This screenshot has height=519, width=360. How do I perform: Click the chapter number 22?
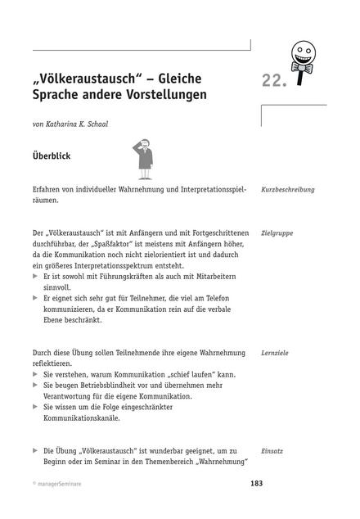pos(275,79)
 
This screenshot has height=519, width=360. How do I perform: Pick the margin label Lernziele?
pos(274,353)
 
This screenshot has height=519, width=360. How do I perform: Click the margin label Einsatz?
pos(272,451)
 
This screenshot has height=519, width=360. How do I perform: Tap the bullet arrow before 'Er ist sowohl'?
pos(36,278)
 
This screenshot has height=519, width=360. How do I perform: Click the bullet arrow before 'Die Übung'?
pos(36,451)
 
